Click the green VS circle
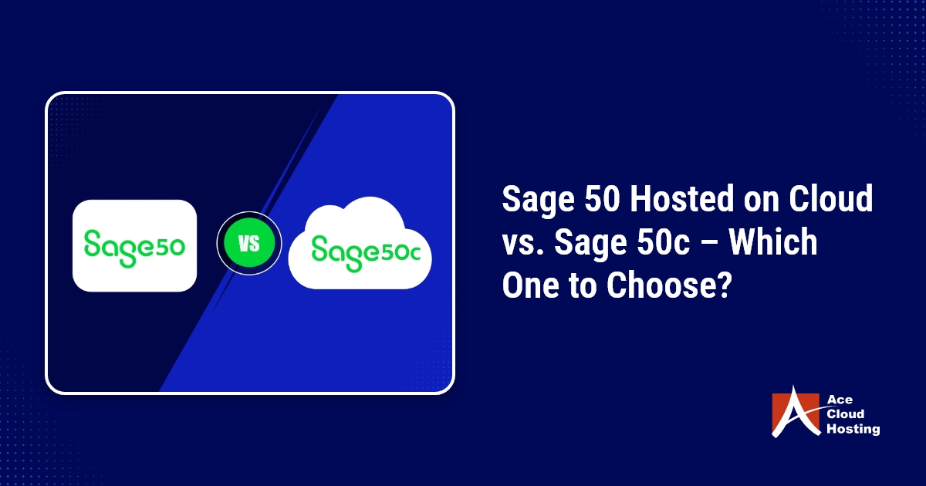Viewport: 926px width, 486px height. (x=249, y=243)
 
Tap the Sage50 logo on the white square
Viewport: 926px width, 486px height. (x=134, y=248)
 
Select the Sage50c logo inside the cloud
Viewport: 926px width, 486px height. (x=366, y=253)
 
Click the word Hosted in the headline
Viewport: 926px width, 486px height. (x=682, y=199)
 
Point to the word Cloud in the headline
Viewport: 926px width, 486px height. (x=830, y=198)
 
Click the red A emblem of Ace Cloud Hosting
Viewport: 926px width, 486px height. (x=796, y=412)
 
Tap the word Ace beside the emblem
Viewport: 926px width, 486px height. (x=840, y=400)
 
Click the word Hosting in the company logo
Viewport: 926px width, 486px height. (x=853, y=430)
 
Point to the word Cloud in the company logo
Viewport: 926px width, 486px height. (x=846, y=414)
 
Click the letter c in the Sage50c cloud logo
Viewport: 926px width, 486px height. (x=414, y=254)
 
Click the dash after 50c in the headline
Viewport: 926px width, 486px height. (x=708, y=244)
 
